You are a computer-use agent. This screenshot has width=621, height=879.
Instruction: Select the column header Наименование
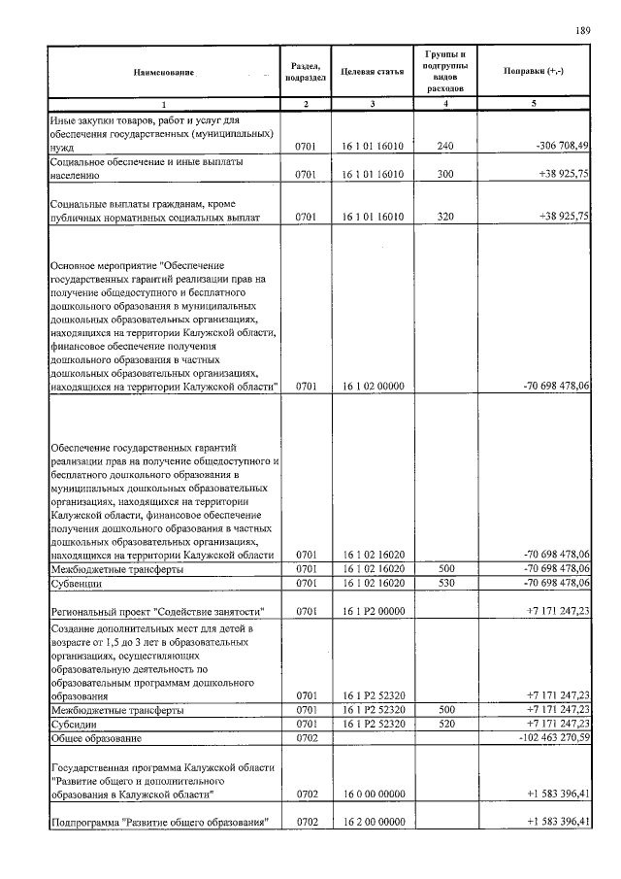coord(164,73)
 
